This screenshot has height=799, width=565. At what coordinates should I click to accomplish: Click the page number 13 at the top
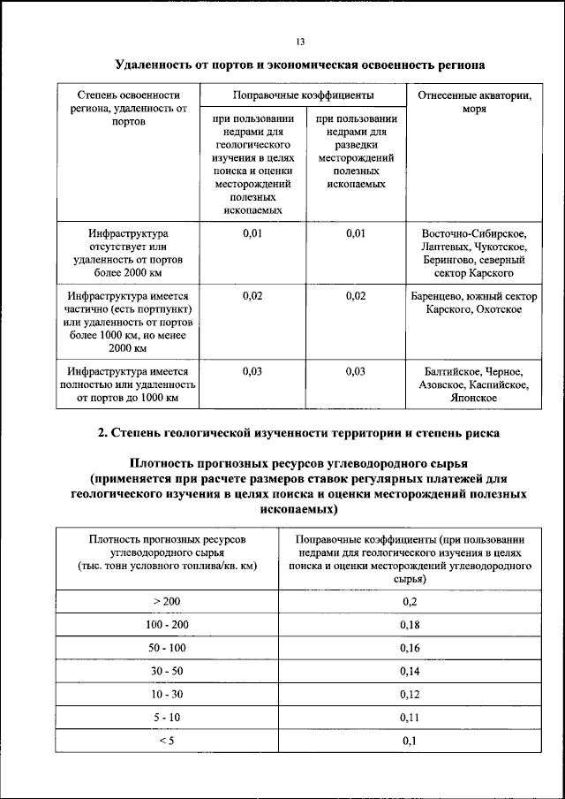[300, 41]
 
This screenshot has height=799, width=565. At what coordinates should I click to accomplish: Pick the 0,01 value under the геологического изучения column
[252, 233]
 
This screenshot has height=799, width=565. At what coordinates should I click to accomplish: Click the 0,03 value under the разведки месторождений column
[355, 371]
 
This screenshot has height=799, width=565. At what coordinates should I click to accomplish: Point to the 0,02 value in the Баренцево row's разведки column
[355, 296]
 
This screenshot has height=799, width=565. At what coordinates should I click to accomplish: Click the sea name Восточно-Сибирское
[475, 233]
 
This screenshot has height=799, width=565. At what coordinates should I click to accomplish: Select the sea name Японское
[475, 399]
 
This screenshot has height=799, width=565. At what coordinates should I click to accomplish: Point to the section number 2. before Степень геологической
[102, 433]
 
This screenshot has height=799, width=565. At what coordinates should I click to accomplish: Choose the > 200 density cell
[166, 601]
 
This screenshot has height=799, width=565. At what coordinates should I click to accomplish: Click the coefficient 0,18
[409, 625]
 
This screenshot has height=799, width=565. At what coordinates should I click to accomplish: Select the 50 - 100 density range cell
[166, 648]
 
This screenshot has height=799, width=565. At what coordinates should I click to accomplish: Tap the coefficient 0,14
[409, 672]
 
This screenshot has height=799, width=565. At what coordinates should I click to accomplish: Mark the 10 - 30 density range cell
[166, 695]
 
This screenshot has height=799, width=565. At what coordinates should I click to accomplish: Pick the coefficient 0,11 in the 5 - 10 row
[409, 718]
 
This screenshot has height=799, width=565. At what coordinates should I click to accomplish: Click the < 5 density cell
[166, 741]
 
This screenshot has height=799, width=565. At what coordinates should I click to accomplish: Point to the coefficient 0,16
[409, 648]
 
